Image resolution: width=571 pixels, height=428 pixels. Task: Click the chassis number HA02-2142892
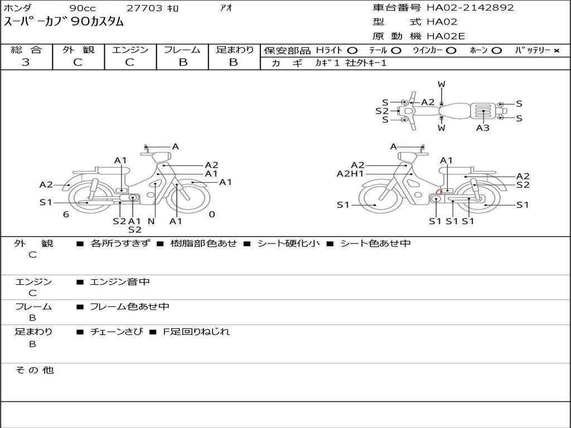[470, 8]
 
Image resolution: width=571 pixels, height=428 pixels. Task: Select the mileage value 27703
[144, 8]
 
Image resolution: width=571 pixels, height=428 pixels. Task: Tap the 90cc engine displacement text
[82, 8]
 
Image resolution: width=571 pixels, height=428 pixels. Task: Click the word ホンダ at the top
[18, 8]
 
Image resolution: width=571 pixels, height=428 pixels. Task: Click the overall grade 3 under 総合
[26, 62]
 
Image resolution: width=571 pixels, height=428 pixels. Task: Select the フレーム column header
[182, 50]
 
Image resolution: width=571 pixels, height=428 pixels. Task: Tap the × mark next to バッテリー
[556, 51]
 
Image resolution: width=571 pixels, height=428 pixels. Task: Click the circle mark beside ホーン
[496, 51]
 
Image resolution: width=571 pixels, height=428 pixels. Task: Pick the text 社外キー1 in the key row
[366, 63]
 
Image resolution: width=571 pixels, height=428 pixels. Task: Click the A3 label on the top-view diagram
[483, 128]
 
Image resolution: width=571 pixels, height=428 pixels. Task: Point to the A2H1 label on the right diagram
[350, 174]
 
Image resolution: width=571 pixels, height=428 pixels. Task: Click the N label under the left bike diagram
[151, 221]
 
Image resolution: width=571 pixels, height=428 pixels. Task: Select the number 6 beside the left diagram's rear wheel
[66, 214]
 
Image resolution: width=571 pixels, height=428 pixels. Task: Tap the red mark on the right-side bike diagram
[439, 192]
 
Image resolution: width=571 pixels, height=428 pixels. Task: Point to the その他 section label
[34, 370]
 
